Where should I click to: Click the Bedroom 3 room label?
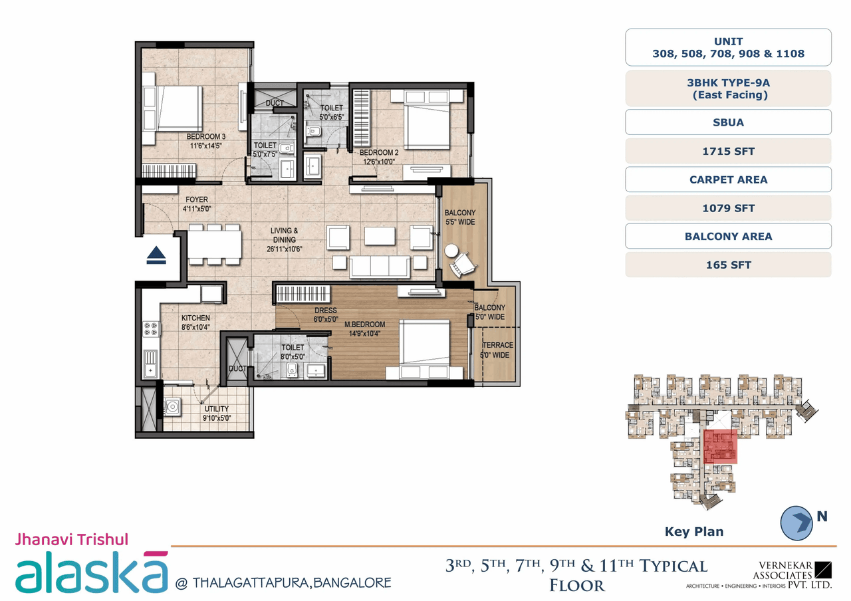(205, 137)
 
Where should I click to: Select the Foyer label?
(197, 199)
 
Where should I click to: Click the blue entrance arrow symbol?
(156, 255)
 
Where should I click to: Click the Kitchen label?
(195, 318)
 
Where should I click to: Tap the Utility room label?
(217, 409)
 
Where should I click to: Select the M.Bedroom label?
(365, 324)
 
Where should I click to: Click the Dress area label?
(326, 310)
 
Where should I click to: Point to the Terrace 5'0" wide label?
(497, 346)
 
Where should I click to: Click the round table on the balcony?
(452, 251)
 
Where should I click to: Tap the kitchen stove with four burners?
(151, 328)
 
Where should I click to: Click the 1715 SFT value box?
(728, 151)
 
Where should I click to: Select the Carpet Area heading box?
(728, 180)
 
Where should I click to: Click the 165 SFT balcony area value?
(728, 265)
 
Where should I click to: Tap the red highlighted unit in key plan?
(721, 447)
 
